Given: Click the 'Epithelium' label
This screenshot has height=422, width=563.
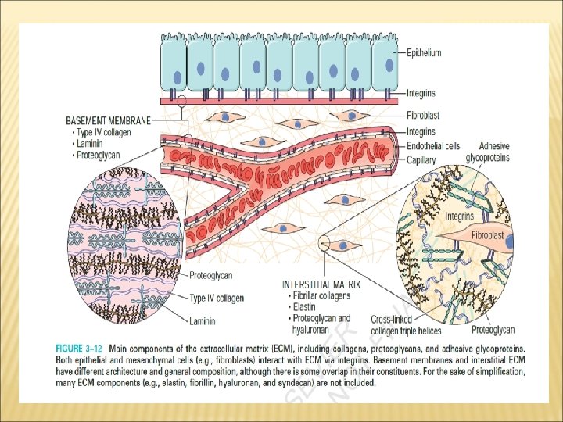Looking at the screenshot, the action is (424, 53).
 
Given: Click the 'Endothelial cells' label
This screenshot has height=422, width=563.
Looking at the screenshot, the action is (433, 146).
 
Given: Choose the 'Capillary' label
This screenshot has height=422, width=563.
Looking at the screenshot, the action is (421, 159).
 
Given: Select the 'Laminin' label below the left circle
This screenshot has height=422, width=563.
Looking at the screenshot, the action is (203, 320).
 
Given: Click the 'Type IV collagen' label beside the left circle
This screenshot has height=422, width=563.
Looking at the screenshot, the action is (217, 298).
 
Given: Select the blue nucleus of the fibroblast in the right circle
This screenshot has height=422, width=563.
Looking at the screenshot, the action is (509, 243).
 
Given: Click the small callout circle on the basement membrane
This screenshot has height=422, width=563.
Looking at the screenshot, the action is (182, 102).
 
